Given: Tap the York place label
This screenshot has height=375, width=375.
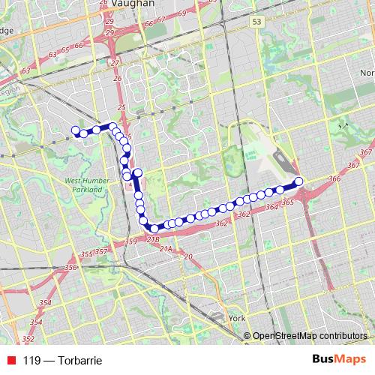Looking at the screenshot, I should click(237, 318).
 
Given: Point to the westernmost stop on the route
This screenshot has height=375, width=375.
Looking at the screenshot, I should click(75, 131).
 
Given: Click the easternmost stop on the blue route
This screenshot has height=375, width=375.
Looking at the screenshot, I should click(298, 181).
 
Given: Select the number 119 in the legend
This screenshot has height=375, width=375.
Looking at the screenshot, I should click(31, 360).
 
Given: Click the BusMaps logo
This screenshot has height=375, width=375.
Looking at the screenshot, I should click(339, 360).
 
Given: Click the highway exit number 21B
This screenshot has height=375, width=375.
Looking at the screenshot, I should click(153, 239).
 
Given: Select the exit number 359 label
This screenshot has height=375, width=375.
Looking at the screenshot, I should click(130, 241).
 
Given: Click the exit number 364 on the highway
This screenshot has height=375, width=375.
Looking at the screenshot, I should click(271, 208).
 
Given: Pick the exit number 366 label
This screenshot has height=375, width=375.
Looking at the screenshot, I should click(334, 178).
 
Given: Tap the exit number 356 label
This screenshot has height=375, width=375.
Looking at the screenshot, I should click(71, 267).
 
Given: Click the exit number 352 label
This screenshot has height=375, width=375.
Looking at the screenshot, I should click(28, 339).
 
